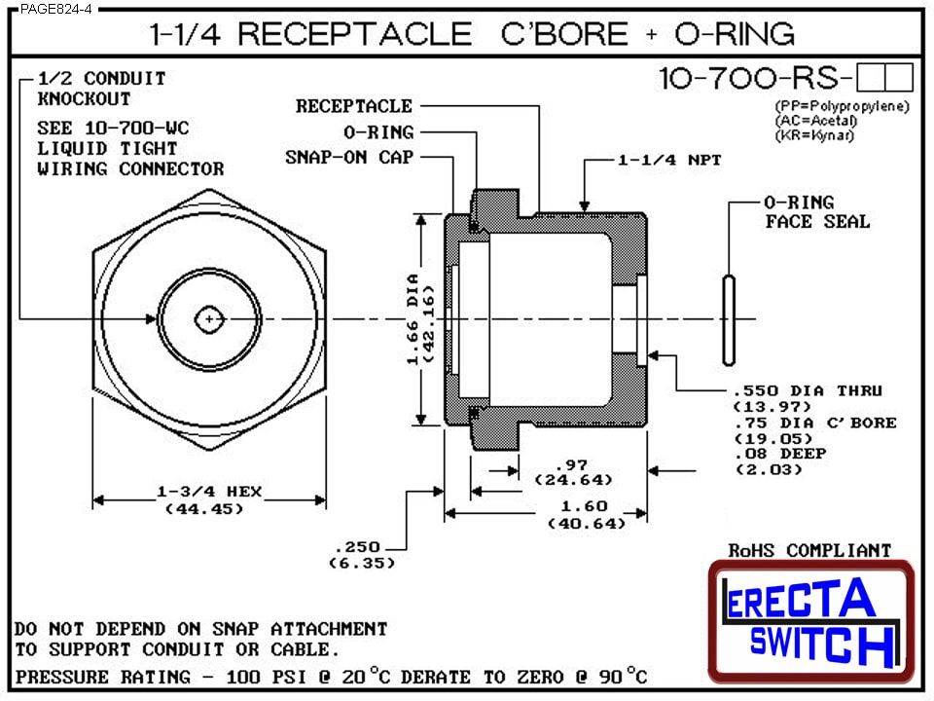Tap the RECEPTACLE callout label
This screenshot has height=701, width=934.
click(354, 106)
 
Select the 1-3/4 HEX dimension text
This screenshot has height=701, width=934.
click(209, 493)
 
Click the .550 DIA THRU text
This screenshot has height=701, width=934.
click(807, 390)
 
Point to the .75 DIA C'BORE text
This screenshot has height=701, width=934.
click(812, 423)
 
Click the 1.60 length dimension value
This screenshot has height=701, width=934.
click(584, 506)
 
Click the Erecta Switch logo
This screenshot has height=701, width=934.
click(811, 620)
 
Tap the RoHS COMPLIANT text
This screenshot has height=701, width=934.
click(809, 551)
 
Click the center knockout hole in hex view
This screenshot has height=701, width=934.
click(209, 318)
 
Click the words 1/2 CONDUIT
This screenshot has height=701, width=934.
click(101, 79)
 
